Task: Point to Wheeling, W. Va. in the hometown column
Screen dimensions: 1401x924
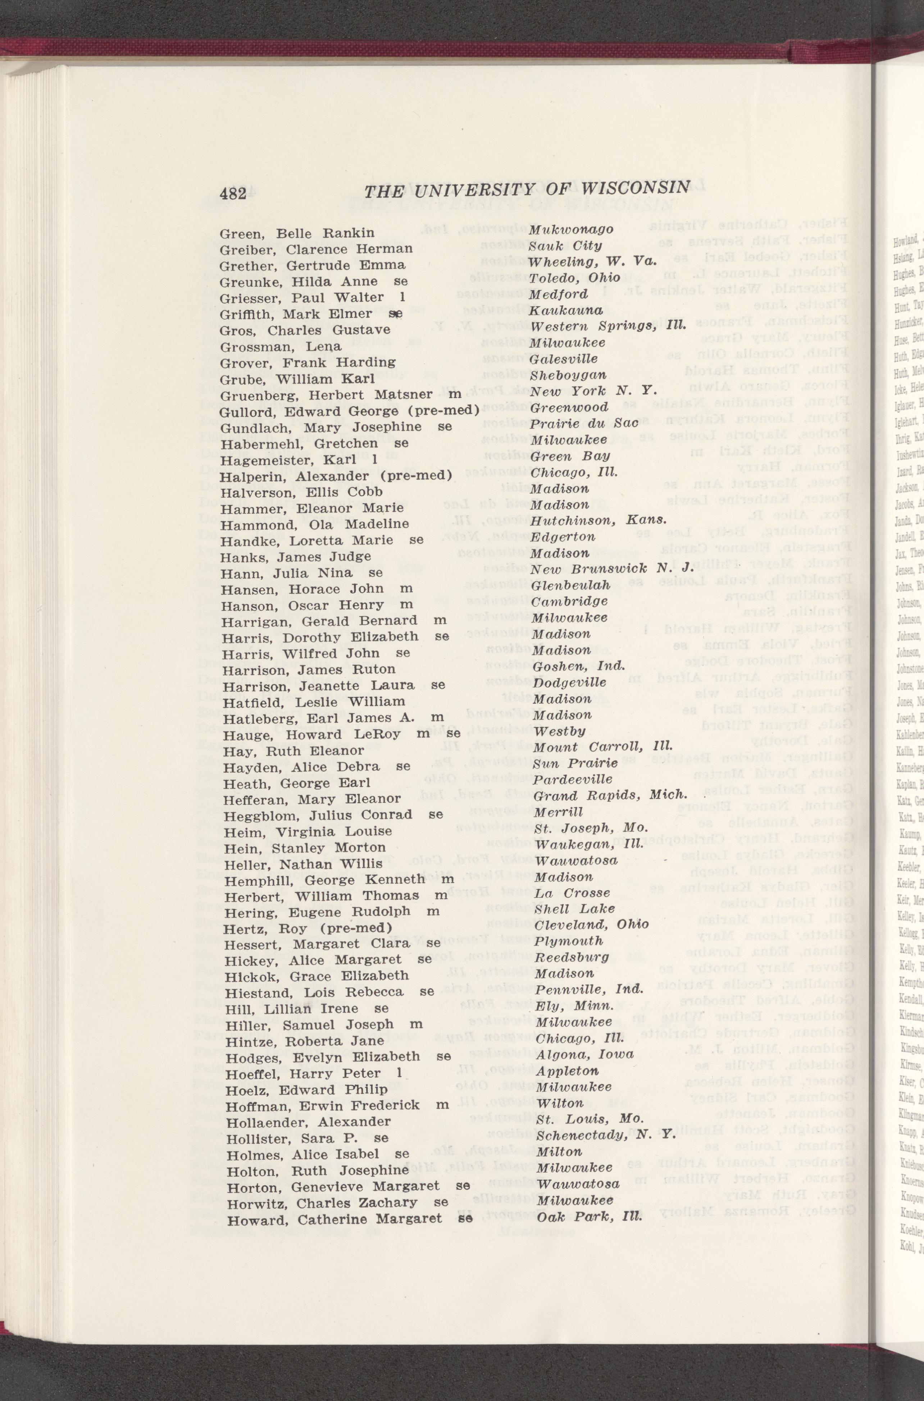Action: point(592,261)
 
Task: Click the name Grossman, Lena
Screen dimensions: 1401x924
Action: point(281,346)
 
